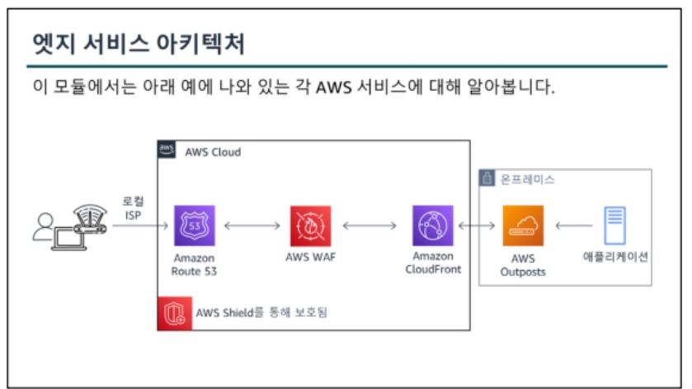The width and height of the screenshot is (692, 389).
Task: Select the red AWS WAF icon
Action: (310, 225)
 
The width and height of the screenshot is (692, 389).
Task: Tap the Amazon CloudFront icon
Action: (433, 225)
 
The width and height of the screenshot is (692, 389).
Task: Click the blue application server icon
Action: (615, 225)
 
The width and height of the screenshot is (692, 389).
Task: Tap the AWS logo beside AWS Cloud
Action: (167, 151)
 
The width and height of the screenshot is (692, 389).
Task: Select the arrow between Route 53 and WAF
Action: (252, 225)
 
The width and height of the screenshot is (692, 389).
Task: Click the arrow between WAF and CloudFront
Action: (371, 225)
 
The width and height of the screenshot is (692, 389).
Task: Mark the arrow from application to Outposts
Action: (574, 225)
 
